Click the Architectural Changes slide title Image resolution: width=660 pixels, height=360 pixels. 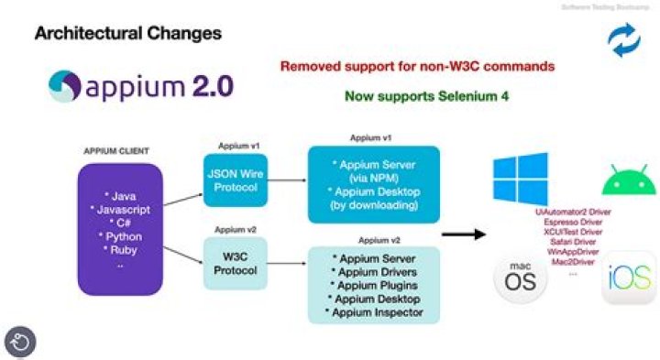pyautogui.click(x=127, y=35)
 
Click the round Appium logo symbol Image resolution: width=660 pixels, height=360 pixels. pyautogui.click(x=66, y=87)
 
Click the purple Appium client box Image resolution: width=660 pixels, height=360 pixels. pyautogui.click(x=121, y=221)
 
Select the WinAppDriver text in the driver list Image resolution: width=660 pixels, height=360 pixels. pyautogui.click(x=573, y=252)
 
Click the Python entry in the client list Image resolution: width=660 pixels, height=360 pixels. pyautogui.click(x=122, y=236)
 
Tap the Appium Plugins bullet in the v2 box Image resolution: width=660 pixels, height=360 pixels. pyautogui.click(x=375, y=286)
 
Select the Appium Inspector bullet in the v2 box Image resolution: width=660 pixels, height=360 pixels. pyautogui.click(x=375, y=313)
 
